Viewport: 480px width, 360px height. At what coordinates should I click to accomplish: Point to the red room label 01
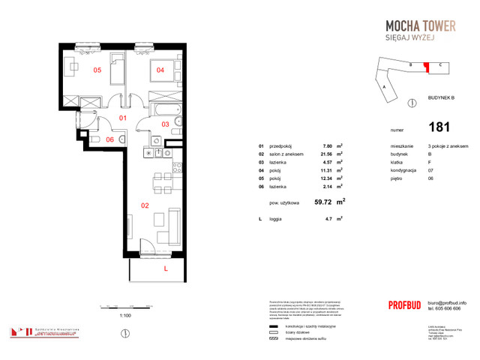click(x=123, y=118)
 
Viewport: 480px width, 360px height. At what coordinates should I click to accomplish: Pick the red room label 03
click(x=166, y=124)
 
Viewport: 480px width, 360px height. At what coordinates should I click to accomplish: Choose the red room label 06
click(x=109, y=139)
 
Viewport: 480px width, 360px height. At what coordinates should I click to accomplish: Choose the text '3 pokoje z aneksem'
click(x=448, y=146)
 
